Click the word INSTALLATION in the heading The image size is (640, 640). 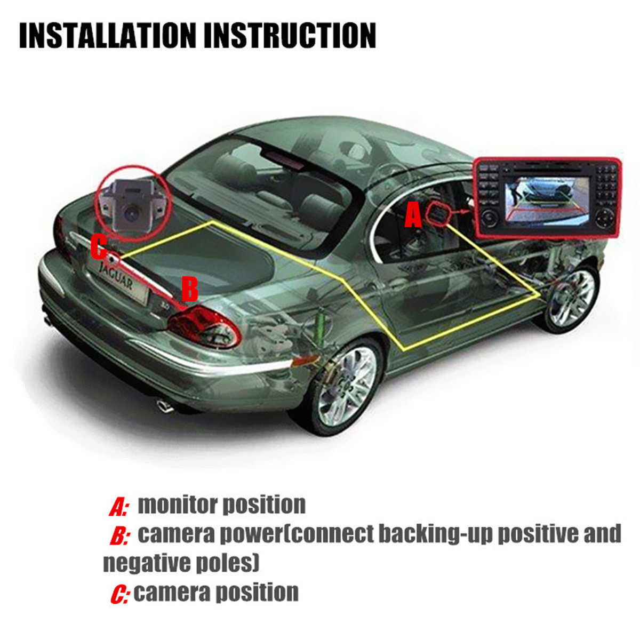tap(107, 35)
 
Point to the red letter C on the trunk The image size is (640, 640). tap(99, 248)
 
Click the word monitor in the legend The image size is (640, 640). tap(176, 505)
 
